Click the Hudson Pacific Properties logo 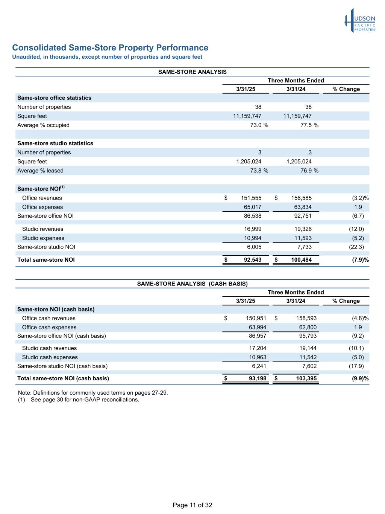[360, 21]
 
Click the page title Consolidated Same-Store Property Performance [110, 48]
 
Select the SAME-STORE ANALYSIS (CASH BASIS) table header [192, 284]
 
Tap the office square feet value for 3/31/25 [247, 116]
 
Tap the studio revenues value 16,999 [253, 229]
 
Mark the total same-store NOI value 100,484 [301, 260]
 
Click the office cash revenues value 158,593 [306, 318]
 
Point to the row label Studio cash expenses [50, 357]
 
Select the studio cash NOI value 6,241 [259, 366]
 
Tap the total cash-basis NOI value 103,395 [306, 378]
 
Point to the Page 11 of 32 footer [192, 505]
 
